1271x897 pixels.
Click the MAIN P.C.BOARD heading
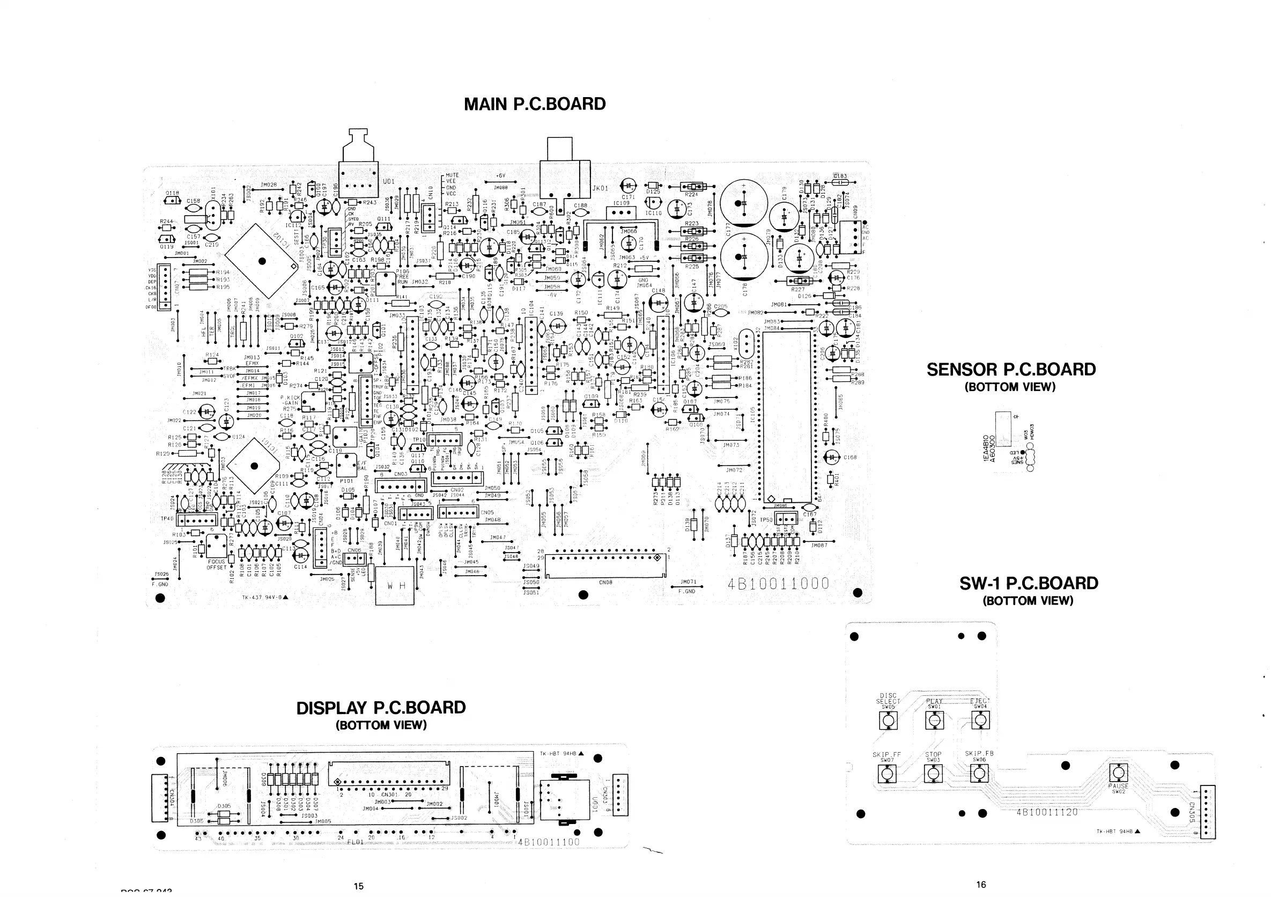point(534,104)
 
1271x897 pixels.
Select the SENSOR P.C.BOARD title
point(1011,369)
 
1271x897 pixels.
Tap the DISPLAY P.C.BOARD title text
point(381,708)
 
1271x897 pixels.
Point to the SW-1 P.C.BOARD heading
point(1029,583)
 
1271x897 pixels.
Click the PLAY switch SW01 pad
point(934,721)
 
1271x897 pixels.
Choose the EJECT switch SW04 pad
point(980,721)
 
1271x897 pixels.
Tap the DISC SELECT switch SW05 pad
point(888,721)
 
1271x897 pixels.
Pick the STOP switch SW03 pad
point(933,774)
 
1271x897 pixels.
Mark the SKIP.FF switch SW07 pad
point(887,774)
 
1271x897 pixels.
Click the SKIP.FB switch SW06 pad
point(979,774)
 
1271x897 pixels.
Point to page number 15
point(358,886)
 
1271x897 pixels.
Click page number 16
point(981,884)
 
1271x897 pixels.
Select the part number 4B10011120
point(1047,812)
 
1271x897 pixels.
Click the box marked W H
point(395,585)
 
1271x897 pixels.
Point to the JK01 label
point(600,188)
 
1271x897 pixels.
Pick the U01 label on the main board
point(389,181)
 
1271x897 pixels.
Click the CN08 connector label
point(605,583)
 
